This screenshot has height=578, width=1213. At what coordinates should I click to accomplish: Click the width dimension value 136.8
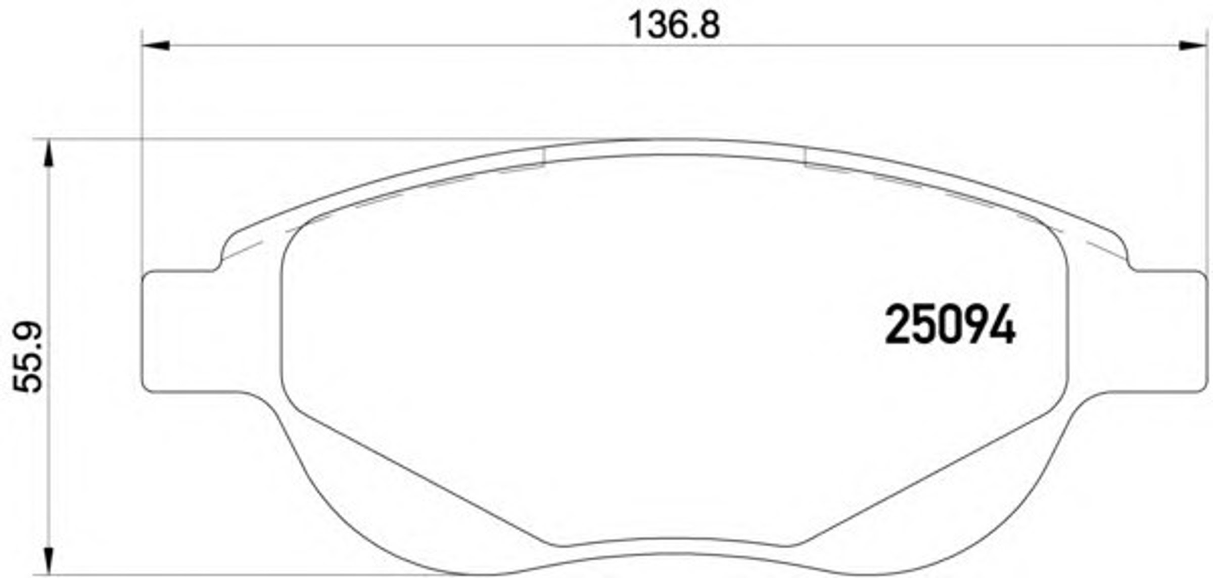click(674, 25)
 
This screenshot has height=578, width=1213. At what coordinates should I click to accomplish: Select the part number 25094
click(950, 325)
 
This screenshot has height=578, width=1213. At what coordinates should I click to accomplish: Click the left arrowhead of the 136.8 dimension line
click(156, 46)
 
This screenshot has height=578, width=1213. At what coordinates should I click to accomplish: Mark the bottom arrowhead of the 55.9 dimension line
click(49, 561)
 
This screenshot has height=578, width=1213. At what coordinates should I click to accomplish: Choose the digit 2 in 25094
click(897, 325)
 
